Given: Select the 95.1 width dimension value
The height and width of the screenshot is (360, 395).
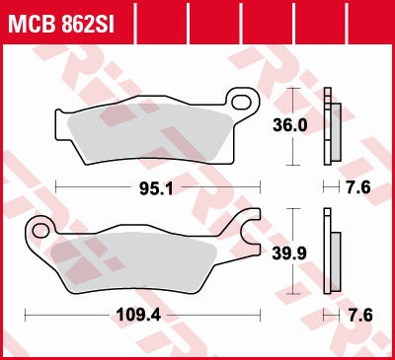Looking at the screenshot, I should point(159,186).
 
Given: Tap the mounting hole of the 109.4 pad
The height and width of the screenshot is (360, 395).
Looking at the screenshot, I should point(40,231).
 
